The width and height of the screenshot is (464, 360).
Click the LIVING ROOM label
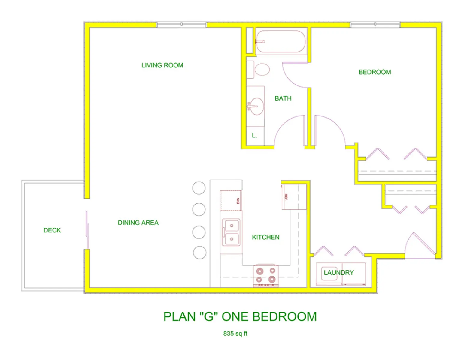click(162, 65)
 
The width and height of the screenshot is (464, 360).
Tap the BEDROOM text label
click(375, 72)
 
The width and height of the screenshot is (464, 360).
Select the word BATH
click(283, 98)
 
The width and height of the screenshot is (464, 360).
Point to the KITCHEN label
click(265, 237)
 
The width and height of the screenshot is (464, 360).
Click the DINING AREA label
click(138, 223)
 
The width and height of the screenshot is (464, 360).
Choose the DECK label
click(52, 230)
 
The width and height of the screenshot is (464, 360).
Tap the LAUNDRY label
click(338, 273)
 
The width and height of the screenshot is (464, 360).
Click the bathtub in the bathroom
click(281, 42)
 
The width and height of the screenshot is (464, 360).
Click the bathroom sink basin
click(257, 106)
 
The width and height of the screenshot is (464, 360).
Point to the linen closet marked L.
click(255, 136)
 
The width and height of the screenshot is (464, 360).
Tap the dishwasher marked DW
click(231, 200)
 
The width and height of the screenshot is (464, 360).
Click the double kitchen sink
click(231, 232)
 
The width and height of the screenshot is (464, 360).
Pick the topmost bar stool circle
click(199, 188)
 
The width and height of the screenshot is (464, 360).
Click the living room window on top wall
click(181, 24)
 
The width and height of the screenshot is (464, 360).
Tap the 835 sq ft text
click(235, 334)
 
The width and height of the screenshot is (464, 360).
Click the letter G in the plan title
click(208, 317)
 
